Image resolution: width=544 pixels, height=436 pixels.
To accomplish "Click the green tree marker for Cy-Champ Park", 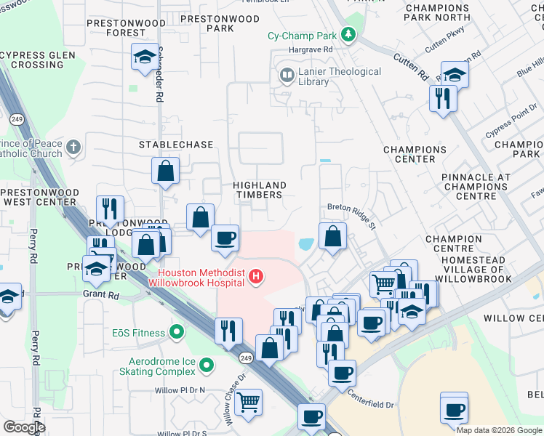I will tap(349, 33).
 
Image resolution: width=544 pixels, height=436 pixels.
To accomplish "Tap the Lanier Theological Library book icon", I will tap(287, 75).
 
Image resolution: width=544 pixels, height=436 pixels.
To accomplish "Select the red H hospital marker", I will tap(255, 276).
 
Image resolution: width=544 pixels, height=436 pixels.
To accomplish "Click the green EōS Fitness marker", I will tap(175, 333).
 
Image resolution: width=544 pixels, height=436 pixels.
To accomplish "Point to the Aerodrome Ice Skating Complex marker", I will tap(207, 366).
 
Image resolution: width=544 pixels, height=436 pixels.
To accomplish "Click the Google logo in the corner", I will tap(24, 427).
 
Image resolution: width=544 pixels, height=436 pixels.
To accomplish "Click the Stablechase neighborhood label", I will tap(176, 145).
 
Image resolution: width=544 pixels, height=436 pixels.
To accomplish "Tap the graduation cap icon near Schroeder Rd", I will tap(143, 56).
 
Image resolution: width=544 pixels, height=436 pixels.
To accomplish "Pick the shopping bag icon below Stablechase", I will tap(166, 171).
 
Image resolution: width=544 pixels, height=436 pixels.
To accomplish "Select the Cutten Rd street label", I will tap(412, 66).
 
